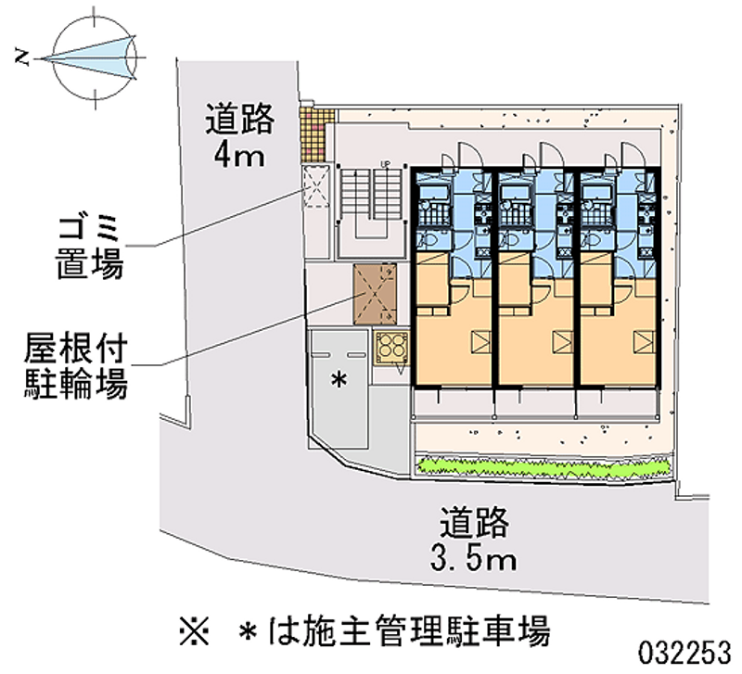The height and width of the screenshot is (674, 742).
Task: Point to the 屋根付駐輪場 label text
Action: (x=76, y=366)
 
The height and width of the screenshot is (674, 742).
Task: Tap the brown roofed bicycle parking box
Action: (x=375, y=294)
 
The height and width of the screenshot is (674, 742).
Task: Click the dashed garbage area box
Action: (x=315, y=186)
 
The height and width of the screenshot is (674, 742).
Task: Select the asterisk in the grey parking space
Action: (x=339, y=379)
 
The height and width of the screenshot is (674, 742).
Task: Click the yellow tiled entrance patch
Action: (x=316, y=134)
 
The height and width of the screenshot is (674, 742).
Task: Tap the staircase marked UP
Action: (x=372, y=194)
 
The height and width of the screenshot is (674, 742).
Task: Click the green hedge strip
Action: (x=544, y=466)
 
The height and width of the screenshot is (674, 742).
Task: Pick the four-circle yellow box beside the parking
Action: (x=390, y=348)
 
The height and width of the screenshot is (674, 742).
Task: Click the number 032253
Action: (x=684, y=654)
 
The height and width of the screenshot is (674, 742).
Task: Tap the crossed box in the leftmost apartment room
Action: (x=480, y=341)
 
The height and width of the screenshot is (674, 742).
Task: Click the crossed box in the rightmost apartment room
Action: (x=644, y=341)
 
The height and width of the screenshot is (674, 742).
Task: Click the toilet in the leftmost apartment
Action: (x=426, y=241)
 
